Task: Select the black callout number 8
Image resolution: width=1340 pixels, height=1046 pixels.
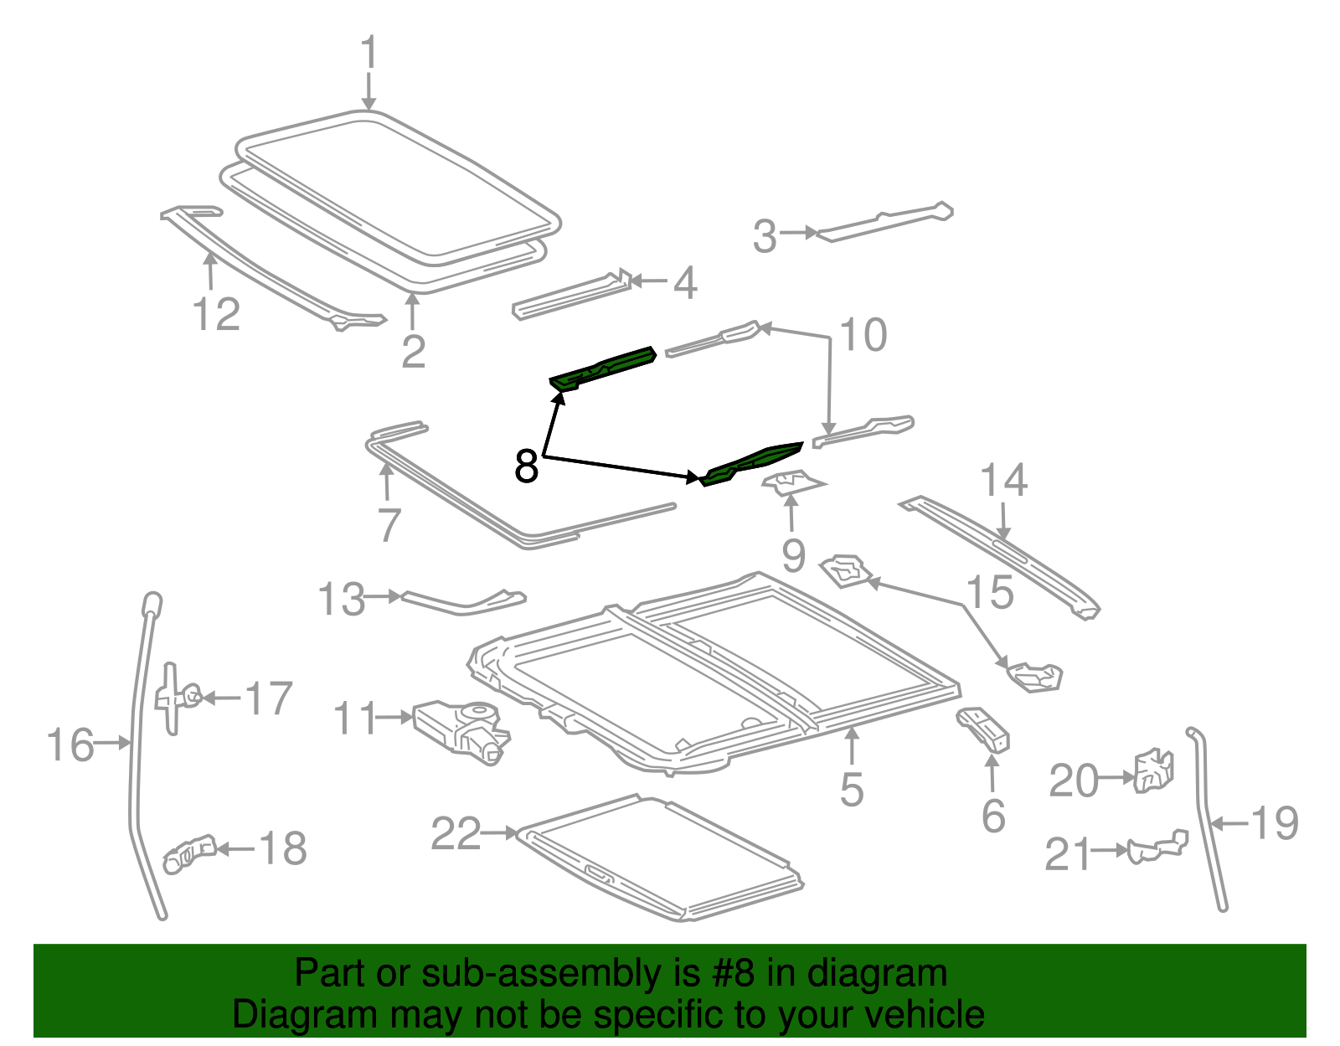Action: tap(526, 466)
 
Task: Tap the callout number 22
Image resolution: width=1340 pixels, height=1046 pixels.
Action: tap(456, 834)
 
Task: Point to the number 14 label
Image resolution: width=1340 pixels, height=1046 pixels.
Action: tap(1004, 480)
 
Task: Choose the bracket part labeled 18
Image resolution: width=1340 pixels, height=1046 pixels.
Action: tap(190, 854)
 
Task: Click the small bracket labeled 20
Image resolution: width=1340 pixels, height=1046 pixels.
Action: tap(1154, 770)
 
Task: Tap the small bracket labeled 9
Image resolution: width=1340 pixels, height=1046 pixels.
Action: tap(792, 482)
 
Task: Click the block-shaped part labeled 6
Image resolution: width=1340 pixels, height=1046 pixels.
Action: tap(983, 729)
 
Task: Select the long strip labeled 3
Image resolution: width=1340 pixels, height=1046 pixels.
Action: tap(885, 222)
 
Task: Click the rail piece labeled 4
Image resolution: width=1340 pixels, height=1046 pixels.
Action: tap(572, 295)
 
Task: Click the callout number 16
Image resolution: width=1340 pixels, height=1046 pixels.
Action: tap(70, 745)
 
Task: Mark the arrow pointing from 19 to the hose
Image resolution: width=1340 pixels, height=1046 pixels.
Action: tap(1229, 823)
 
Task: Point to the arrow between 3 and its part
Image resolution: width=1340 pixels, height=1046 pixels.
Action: tap(799, 233)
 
